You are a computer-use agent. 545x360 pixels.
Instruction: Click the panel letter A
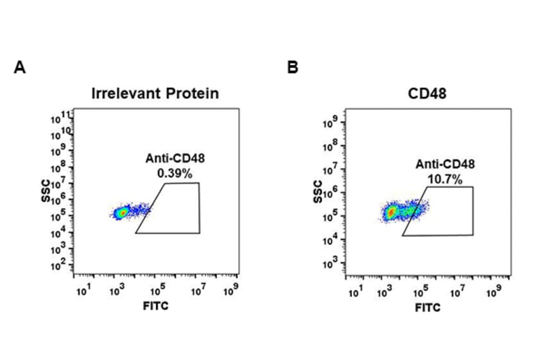pyautogui.click(x=20, y=67)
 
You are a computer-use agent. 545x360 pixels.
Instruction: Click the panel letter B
pyautogui.click(x=292, y=67)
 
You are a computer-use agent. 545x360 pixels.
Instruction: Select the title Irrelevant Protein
pyautogui.click(x=155, y=93)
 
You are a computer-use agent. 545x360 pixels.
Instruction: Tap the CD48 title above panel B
pyautogui.click(x=428, y=93)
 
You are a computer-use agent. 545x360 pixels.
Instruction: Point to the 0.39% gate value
pyautogui.click(x=174, y=173)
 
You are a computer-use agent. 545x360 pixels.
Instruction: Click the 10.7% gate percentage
pyautogui.click(x=445, y=179)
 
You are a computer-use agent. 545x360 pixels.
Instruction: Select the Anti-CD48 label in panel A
pyautogui.click(x=175, y=159)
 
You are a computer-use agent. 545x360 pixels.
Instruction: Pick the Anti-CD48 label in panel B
pyautogui.click(x=445, y=164)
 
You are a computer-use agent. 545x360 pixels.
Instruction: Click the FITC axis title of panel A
pyautogui.click(x=156, y=306)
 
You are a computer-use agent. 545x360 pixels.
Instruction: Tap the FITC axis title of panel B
pyautogui.click(x=428, y=308)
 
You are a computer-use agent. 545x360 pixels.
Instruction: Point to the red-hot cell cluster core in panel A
pyautogui.click(x=122, y=213)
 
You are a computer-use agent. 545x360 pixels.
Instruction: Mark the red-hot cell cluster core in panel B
pyautogui.click(x=392, y=212)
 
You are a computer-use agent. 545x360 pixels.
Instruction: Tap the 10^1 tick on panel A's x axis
pyautogui.click(x=83, y=292)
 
